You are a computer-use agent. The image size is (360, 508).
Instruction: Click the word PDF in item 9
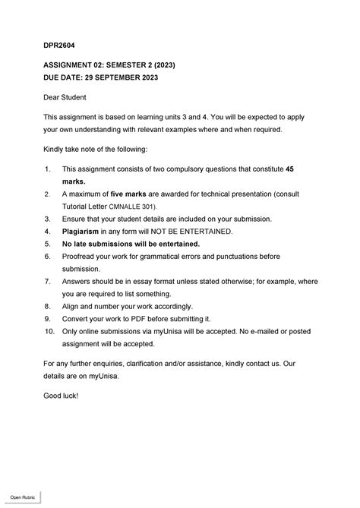click(x=141, y=318)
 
